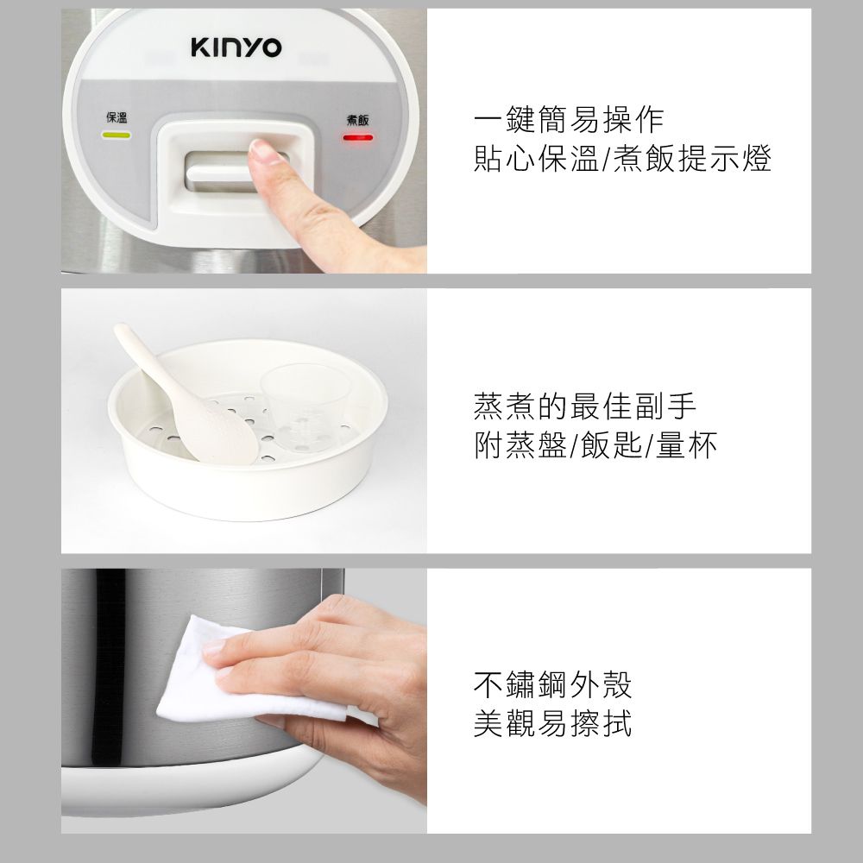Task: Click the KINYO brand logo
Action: [x=236, y=48]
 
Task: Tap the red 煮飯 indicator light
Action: [x=358, y=136]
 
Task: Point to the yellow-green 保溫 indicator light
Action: [x=117, y=135]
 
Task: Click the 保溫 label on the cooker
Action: [x=117, y=118]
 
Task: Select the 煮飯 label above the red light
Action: [x=358, y=119]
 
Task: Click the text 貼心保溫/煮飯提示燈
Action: [x=622, y=159]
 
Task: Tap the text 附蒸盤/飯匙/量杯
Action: [x=595, y=444]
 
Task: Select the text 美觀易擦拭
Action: [x=552, y=724]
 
